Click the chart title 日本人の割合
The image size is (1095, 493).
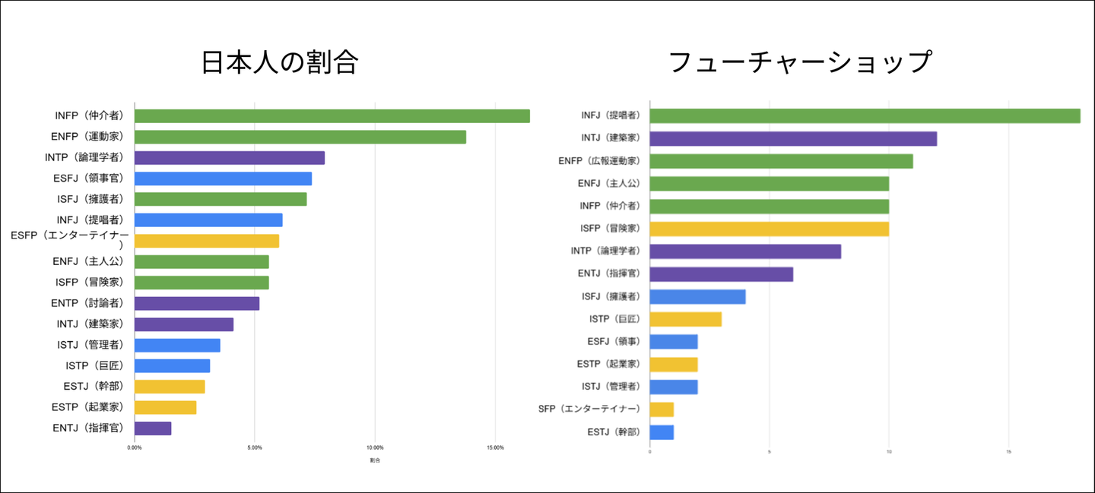279,62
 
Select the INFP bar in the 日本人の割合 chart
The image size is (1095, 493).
332,116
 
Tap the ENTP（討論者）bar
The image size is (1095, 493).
197,303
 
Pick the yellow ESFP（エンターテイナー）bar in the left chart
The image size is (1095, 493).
207,241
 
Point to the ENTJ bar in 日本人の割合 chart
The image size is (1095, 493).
153,428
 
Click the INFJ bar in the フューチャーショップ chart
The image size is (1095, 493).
865,115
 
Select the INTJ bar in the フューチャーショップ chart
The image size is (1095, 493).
793,138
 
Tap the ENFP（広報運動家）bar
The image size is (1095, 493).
781,161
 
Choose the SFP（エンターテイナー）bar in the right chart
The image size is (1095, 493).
662,409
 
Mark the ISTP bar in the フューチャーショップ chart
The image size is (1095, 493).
685,319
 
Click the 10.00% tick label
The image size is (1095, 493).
374,447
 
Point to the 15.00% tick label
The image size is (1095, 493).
494,447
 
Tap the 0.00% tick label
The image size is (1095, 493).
135,447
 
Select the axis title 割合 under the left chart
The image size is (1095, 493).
375,460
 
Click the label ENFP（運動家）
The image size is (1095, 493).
88,137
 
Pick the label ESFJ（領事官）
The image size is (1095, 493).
88,179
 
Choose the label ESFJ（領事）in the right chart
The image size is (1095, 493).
613,342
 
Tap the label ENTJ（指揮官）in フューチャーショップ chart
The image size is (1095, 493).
608,273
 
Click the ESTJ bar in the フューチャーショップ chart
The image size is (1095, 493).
662,432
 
